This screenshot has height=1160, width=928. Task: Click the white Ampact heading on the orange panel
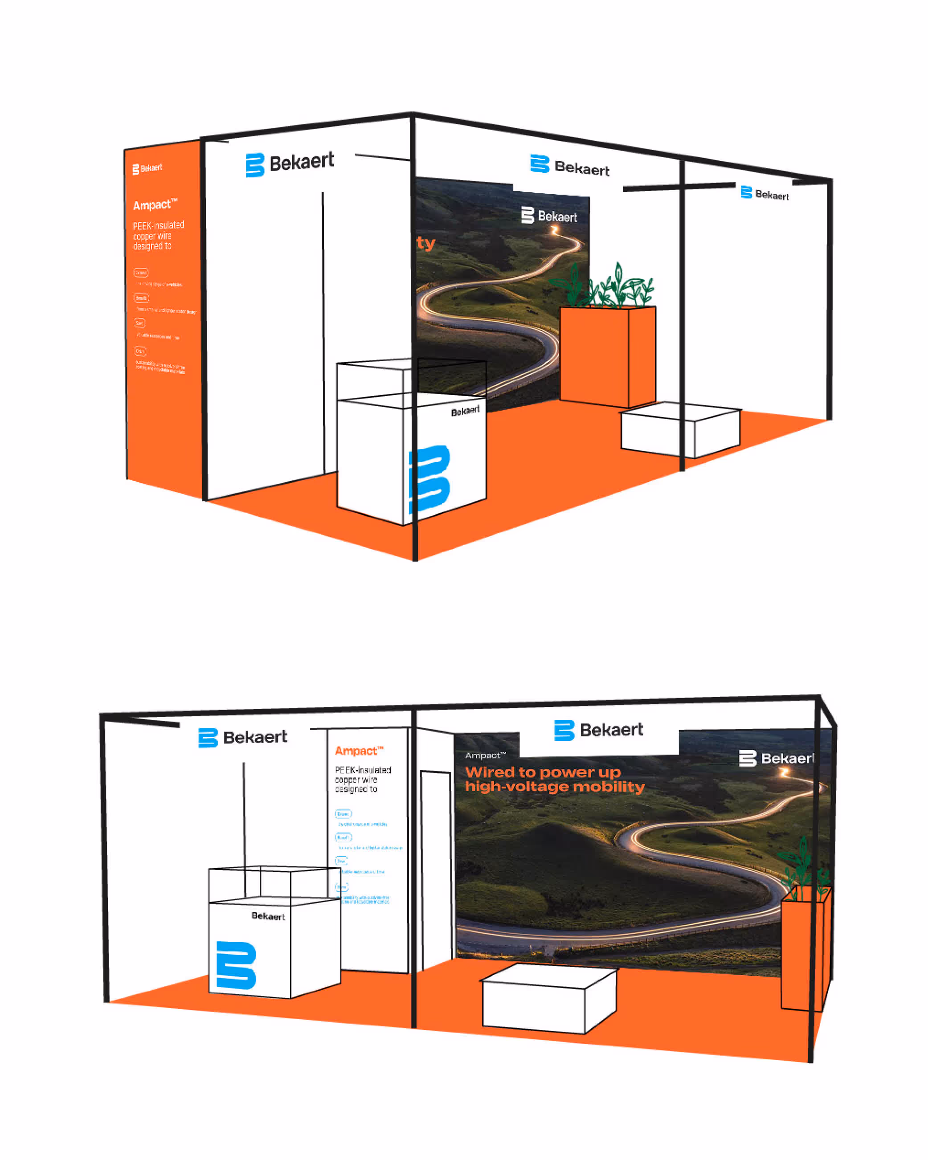pyautogui.click(x=155, y=204)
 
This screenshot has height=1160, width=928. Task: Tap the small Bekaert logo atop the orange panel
pyautogui.click(x=147, y=168)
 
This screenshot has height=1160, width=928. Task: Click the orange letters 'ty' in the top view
pyautogui.click(x=425, y=243)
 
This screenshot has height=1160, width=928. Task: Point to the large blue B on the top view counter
pyautogui.click(x=430, y=478)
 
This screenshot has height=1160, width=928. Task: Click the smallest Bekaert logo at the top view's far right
pyautogui.click(x=764, y=194)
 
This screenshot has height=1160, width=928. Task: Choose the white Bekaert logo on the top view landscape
pyautogui.click(x=549, y=216)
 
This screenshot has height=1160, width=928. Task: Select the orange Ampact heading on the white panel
pyautogui.click(x=359, y=751)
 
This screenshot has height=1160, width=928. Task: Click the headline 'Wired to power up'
pyautogui.click(x=542, y=772)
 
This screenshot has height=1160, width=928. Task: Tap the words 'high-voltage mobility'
pyautogui.click(x=555, y=787)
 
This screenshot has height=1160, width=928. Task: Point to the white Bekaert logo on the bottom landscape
pyautogui.click(x=776, y=758)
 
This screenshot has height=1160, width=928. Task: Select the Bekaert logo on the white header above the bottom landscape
pyautogui.click(x=598, y=730)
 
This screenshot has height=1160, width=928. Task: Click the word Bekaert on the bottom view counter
pyautogui.click(x=268, y=916)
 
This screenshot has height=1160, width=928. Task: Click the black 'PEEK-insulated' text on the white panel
pyautogui.click(x=363, y=770)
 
